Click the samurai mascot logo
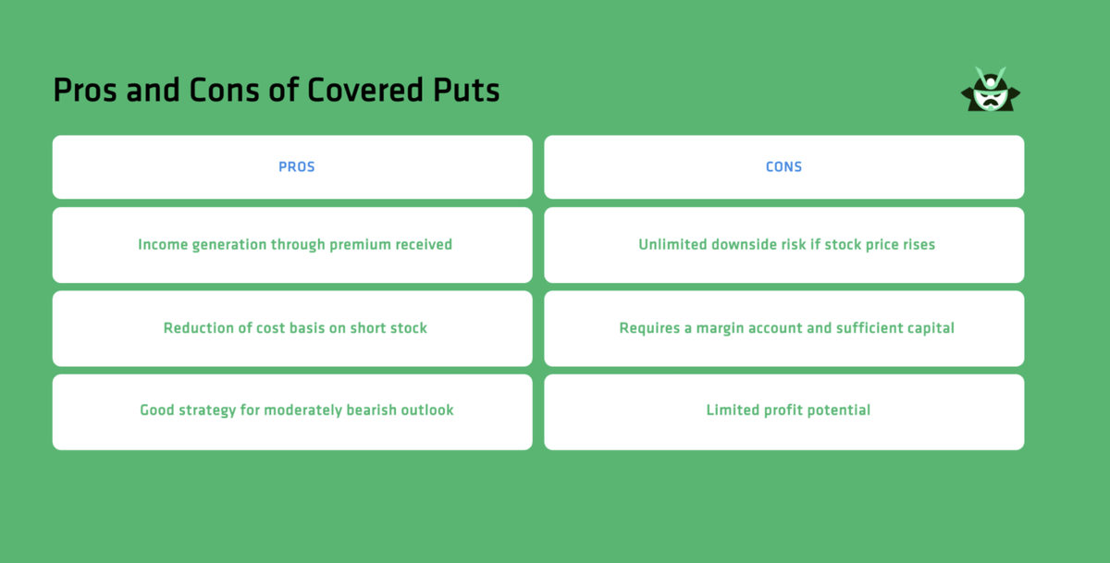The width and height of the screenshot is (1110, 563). pos(991,91)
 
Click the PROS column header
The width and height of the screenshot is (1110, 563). pos(297,167)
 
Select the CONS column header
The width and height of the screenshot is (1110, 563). pos(783,167)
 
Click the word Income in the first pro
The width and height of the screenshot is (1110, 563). pos(162,245)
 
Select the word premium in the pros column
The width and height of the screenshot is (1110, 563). pos(355,245)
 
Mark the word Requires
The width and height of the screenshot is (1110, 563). pos(648,328)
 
